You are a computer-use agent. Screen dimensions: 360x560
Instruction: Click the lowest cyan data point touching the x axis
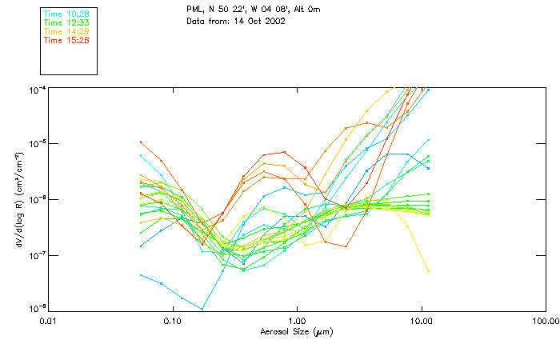click(202, 309)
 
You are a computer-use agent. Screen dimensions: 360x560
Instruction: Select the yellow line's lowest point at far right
click(428, 270)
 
